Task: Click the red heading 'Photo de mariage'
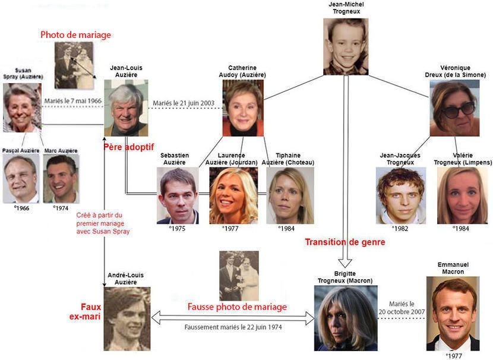[75, 35]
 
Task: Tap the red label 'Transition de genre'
[345, 242]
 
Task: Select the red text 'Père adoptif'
[127, 146]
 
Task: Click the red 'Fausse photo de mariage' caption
[237, 307]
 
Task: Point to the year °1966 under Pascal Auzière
[21, 208]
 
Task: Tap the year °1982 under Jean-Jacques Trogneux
[399, 228]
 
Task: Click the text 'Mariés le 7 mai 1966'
[74, 102]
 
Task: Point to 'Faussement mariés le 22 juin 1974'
[233, 327]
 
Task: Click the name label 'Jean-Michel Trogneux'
[346, 8]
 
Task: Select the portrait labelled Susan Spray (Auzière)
[22, 107]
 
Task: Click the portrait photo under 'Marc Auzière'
[62, 179]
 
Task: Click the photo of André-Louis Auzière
[127, 319]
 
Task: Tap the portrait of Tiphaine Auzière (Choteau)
[289, 195]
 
